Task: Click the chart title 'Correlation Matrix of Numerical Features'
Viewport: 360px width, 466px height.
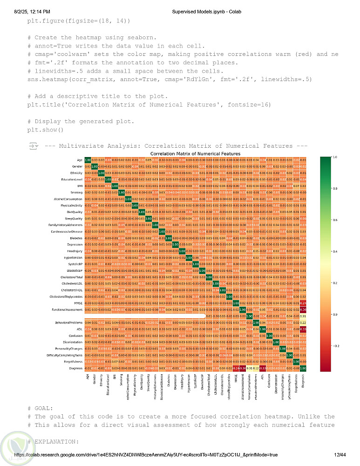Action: (x=195, y=153)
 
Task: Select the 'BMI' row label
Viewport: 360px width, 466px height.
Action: (x=81, y=186)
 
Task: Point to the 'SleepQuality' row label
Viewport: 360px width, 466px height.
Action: (x=74, y=218)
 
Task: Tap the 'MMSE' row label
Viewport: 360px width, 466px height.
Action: (x=79, y=302)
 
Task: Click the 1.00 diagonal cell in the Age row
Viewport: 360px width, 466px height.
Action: (x=88, y=160)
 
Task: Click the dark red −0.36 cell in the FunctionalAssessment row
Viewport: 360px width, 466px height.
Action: (x=303, y=309)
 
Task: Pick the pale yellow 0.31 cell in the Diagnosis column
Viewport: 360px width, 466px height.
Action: (x=303, y=315)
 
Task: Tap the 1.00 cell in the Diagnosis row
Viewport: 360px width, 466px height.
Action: (x=303, y=368)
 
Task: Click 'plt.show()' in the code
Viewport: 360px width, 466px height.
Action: (x=45, y=130)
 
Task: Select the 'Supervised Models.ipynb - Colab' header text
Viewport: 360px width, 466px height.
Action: (x=205, y=11)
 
